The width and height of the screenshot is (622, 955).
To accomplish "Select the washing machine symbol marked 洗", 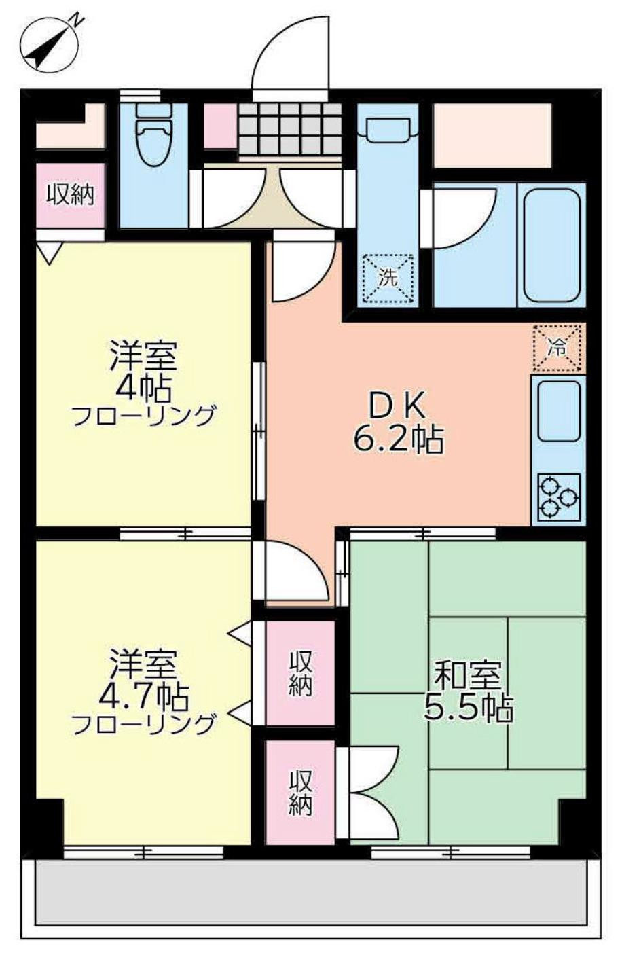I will click(x=387, y=277).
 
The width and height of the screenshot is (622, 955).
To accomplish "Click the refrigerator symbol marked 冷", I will click(x=557, y=348).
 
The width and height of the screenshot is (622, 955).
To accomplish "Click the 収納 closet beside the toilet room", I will click(x=70, y=196).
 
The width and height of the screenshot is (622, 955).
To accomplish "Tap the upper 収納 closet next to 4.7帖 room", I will click(x=300, y=672).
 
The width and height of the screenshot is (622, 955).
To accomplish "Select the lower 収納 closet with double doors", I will click(x=300, y=792).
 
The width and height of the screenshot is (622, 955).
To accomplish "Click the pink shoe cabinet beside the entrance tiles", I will click(x=220, y=126).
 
